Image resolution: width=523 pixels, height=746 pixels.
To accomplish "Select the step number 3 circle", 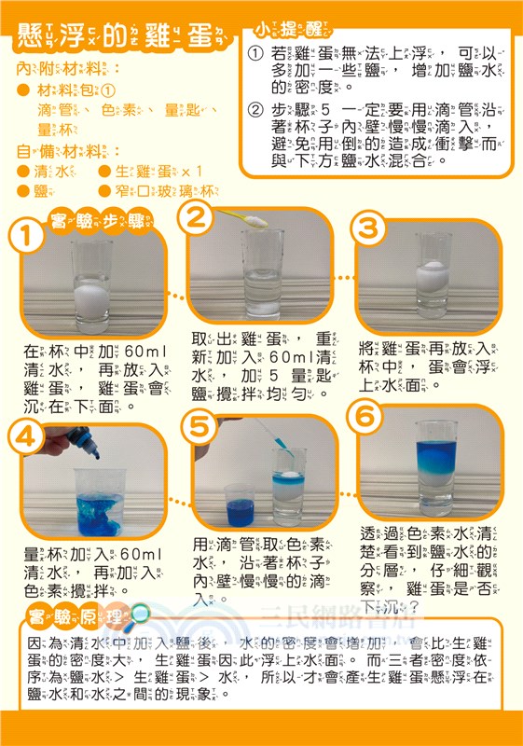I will tap(368, 228).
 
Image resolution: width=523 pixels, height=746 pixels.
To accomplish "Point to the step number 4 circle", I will tap(27, 436).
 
